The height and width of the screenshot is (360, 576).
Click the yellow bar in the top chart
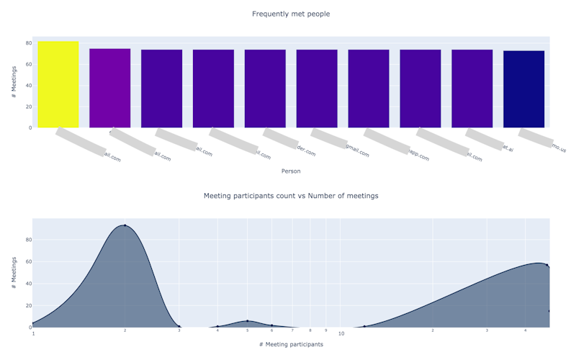[x=58, y=84]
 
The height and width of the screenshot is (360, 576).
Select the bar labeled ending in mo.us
[x=523, y=89]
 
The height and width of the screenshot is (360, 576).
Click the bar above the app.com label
[x=420, y=89]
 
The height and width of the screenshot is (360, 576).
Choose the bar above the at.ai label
[x=472, y=89]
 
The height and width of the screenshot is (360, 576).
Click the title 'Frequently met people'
[x=291, y=14]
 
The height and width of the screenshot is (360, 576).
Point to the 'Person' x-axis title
[x=291, y=171]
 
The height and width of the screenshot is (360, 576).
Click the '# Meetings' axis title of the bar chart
[x=14, y=83]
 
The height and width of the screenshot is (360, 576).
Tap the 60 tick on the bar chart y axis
[x=28, y=65]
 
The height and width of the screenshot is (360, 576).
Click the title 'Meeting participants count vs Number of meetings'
[x=291, y=196]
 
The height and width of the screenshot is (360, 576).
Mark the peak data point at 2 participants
[x=125, y=225]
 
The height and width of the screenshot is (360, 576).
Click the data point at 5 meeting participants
[x=247, y=321]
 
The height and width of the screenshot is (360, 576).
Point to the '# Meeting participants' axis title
[x=291, y=345]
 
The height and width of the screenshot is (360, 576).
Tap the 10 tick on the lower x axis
[x=341, y=333]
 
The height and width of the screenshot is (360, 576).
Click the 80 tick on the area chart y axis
[x=28, y=240]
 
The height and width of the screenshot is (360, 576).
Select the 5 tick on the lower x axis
[x=247, y=331]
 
